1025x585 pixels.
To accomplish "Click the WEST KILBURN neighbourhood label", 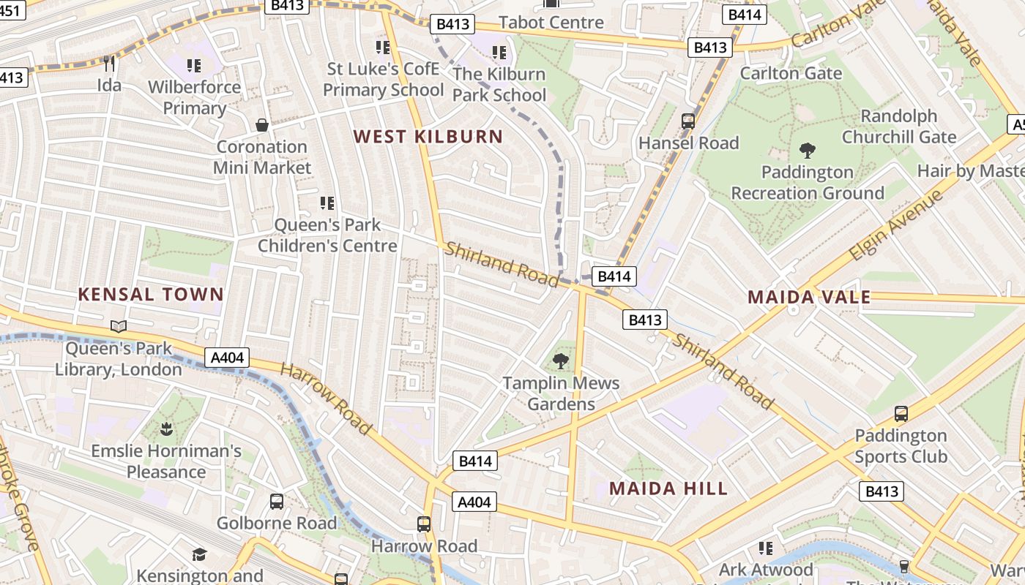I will point(428,137).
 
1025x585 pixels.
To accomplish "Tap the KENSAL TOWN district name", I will point(151,295).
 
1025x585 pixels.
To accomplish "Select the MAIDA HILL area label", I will point(668,488).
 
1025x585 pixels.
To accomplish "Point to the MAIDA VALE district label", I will point(809,297).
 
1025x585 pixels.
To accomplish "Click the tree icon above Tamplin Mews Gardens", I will point(561,361).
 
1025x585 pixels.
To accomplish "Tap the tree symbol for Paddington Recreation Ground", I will point(808,151).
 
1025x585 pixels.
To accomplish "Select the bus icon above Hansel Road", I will point(688,121).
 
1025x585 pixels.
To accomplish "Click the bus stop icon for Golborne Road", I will point(277,502).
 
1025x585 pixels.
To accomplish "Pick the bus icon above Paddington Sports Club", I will point(901,414).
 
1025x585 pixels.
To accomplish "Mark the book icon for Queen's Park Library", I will point(119,327).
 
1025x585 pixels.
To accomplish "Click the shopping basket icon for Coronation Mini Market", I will point(262,125).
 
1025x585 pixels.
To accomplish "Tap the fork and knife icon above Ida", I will point(109,64).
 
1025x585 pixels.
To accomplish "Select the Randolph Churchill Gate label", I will point(899,127).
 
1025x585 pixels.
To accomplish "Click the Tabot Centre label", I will point(551,22).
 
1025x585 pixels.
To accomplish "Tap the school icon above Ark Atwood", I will point(766,548).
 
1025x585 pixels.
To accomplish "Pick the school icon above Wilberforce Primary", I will point(194,66).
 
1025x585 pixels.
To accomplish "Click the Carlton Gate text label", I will point(791,73).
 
